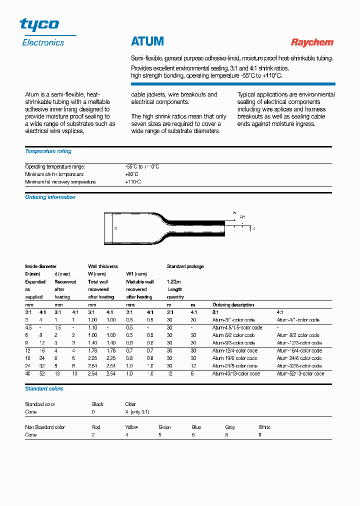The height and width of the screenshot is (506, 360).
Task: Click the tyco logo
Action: point(39,24)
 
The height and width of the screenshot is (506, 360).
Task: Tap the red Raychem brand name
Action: point(312,42)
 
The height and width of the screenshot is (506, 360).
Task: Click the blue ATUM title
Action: point(147,41)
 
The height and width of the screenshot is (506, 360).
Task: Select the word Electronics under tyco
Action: point(43,43)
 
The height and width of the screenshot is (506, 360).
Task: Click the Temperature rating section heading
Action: point(48,151)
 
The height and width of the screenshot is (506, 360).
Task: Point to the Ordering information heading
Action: point(50,197)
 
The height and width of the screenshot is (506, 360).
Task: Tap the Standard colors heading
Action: point(44,388)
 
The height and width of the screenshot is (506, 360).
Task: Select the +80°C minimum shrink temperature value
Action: point(131,174)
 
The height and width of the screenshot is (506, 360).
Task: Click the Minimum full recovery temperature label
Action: point(60,182)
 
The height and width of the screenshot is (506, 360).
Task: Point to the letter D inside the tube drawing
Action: point(115,228)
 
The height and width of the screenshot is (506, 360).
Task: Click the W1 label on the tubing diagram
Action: point(242,217)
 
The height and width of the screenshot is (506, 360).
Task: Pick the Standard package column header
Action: point(185,266)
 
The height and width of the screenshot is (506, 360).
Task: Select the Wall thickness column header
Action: point(103,266)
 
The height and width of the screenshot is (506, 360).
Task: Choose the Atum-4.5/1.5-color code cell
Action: point(237,327)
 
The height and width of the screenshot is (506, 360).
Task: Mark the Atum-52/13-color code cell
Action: point(300,373)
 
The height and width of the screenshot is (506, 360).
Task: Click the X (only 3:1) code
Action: point(137,412)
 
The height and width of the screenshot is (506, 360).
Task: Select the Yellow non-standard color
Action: point(131,427)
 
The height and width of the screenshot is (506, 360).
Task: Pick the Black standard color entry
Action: point(97,404)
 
